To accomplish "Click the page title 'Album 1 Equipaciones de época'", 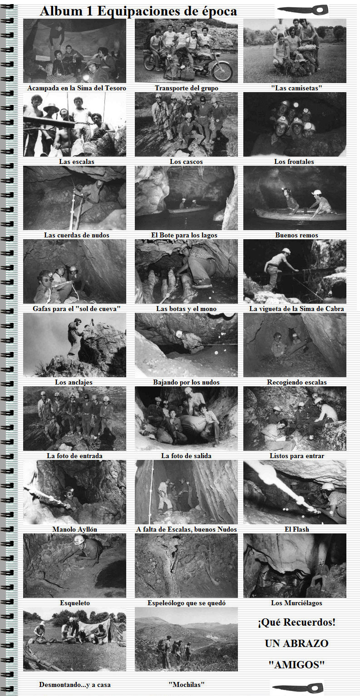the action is (x=138, y=11).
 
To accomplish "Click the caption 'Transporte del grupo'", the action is (x=187, y=88).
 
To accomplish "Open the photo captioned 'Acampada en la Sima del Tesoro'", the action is (x=74, y=51).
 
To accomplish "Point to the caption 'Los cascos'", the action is (x=186, y=162).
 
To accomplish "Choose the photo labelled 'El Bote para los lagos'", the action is (x=186, y=198).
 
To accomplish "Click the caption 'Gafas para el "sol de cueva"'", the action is (x=76, y=309).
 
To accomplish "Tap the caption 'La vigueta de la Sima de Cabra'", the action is (x=296, y=309).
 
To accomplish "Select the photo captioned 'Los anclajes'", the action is (x=74, y=345).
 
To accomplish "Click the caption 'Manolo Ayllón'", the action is (x=74, y=529).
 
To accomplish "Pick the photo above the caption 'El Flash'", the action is (x=295, y=492).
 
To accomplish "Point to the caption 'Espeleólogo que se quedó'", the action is (x=187, y=603).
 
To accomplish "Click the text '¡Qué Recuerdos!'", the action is (x=296, y=622).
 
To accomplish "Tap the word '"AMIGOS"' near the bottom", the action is (x=296, y=665).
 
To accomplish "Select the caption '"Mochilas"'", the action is (x=187, y=684).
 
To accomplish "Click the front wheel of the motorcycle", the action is (x=222, y=71).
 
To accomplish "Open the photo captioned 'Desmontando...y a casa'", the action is (x=74, y=639).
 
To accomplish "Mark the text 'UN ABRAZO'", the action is (x=296, y=643).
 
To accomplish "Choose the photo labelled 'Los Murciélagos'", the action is (x=295, y=566).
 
